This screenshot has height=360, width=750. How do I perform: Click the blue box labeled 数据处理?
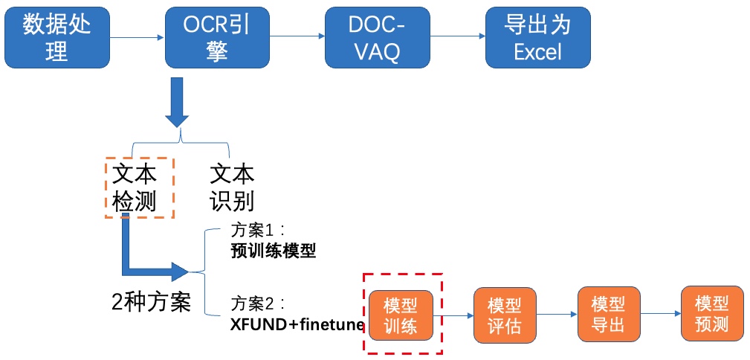point(57,37)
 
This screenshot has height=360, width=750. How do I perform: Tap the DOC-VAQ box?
point(378,37)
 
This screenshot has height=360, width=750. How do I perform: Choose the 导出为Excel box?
point(538,37)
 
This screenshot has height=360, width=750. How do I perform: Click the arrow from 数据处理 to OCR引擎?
point(138,37)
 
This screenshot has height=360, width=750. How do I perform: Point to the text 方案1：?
point(257,231)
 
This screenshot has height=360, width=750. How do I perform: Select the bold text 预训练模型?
point(274,252)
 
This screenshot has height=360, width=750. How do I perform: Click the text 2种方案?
point(151,301)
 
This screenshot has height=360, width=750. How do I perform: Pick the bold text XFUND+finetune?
point(297,325)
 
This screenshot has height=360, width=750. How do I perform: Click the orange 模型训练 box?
point(401,315)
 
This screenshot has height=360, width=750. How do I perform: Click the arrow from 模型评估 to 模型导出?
point(557,315)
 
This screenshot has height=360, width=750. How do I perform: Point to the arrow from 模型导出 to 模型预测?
point(661,314)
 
